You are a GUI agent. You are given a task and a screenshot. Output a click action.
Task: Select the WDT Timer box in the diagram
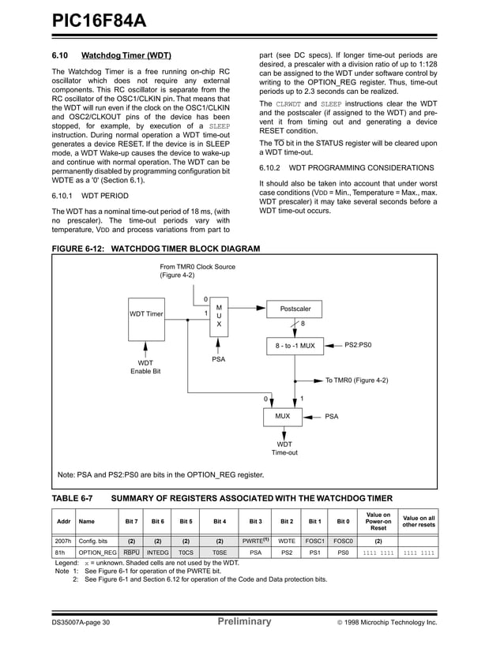[146, 315]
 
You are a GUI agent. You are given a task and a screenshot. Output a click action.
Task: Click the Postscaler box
[295, 309]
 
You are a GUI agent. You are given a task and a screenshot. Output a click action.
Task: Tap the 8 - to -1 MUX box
[295, 345]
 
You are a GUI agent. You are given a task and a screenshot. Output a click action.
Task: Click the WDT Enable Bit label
[146, 367]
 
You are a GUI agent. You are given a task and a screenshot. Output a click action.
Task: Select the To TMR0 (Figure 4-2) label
[356, 380]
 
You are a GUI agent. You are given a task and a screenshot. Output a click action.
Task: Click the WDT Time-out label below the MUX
[284, 448]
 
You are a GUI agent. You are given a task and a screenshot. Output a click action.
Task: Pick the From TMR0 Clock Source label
[197, 271]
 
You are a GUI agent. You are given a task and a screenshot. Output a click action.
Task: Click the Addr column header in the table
[63, 521]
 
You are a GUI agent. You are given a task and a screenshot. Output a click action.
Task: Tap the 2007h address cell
[63, 541]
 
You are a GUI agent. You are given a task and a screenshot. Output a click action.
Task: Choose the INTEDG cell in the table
[157, 553]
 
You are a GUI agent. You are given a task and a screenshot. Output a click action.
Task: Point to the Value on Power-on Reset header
[378, 521]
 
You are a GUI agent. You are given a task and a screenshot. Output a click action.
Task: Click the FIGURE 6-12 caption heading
[156, 248]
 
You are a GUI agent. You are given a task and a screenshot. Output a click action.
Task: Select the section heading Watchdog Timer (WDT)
[126, 56]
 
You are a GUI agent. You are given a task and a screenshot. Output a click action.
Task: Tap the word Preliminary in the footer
[244, 622]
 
